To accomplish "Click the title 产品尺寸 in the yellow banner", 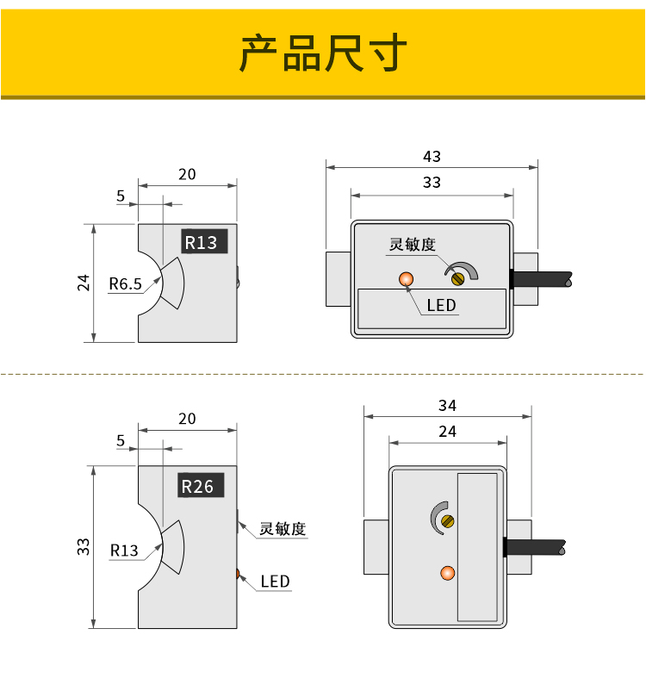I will (322, 53).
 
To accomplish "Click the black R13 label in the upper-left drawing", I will (202, 242).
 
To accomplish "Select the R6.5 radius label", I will (125, 283).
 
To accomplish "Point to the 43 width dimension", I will (432, 156).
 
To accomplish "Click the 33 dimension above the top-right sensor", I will (432, 182).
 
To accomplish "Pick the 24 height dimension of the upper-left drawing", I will (84, 282).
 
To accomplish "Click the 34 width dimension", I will (447, 405).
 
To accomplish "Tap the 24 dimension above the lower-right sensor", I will (447, 431).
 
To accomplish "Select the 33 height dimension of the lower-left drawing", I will (84, 546).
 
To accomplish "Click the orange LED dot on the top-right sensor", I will (407, 278).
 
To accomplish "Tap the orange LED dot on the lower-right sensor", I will (446, 573).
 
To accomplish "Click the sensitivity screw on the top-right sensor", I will (458, 277).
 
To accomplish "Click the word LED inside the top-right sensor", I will (441, 305).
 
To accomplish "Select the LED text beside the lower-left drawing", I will (276, 582).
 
